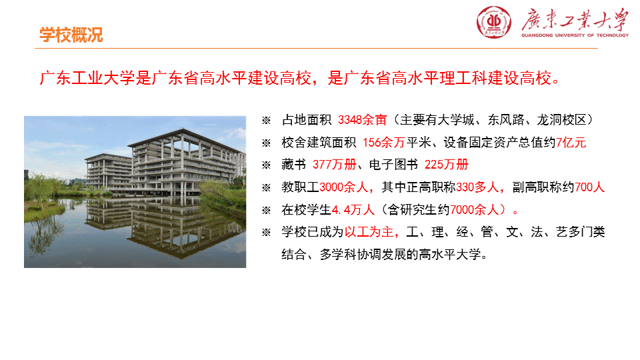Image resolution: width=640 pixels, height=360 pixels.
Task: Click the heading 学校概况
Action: (71, 35)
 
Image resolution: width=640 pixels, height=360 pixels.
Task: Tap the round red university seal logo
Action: (494, 22)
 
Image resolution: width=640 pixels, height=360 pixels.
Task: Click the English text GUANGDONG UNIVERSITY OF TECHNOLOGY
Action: (575, 35)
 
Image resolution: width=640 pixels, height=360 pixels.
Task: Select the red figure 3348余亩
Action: (362, 120)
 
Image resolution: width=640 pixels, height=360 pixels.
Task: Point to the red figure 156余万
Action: (384, 143)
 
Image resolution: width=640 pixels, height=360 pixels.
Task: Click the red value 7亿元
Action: (571, 143)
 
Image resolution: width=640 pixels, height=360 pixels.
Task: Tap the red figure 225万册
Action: (446, 165)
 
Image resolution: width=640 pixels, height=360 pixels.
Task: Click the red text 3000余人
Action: (344, 187)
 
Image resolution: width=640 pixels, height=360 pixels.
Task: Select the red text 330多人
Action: (477, 187)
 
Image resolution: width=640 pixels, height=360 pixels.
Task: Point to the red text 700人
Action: (589, 187)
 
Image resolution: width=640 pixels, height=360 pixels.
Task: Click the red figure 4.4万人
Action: (353, 210)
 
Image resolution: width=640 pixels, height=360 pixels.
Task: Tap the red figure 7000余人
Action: (474, 210)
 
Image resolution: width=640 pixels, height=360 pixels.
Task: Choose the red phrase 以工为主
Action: (369, 232)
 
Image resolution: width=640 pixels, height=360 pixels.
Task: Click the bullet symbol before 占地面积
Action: (266, 121)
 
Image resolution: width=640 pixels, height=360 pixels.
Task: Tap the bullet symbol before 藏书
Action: (266, 165)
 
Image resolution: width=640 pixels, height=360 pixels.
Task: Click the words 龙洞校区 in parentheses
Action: (561, 120)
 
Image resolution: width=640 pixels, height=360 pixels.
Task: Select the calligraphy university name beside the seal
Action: (575, 19)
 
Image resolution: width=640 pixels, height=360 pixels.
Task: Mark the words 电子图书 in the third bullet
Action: (393, 165)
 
